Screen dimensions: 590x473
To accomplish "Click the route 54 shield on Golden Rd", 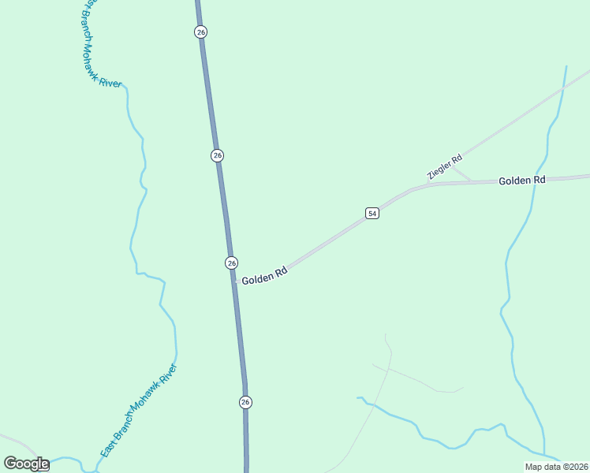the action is coord(372,214).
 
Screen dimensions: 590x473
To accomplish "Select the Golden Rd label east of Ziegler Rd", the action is coord(521,181).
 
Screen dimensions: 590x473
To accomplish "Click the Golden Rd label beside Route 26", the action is coord(263,276).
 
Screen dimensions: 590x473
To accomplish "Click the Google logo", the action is coord(26,464).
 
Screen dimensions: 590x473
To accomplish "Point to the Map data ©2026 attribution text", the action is coord(556,467).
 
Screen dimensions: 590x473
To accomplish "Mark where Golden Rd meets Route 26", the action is coord(233,281).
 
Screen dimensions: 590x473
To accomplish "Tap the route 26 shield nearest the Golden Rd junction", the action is coord(231,263).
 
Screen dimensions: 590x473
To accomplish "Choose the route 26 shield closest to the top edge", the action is coord(200,32).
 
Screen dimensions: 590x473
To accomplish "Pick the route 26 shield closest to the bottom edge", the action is coord(245,402).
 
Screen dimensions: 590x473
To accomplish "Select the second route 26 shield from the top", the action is coord(217,155).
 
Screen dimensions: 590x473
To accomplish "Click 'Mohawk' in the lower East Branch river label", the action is coord(145,401).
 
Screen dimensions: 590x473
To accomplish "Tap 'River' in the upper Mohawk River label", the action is coord(111,81).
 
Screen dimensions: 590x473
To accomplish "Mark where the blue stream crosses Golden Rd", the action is coord(538,179).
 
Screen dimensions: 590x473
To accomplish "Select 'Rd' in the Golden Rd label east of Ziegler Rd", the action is coord(538,181).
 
